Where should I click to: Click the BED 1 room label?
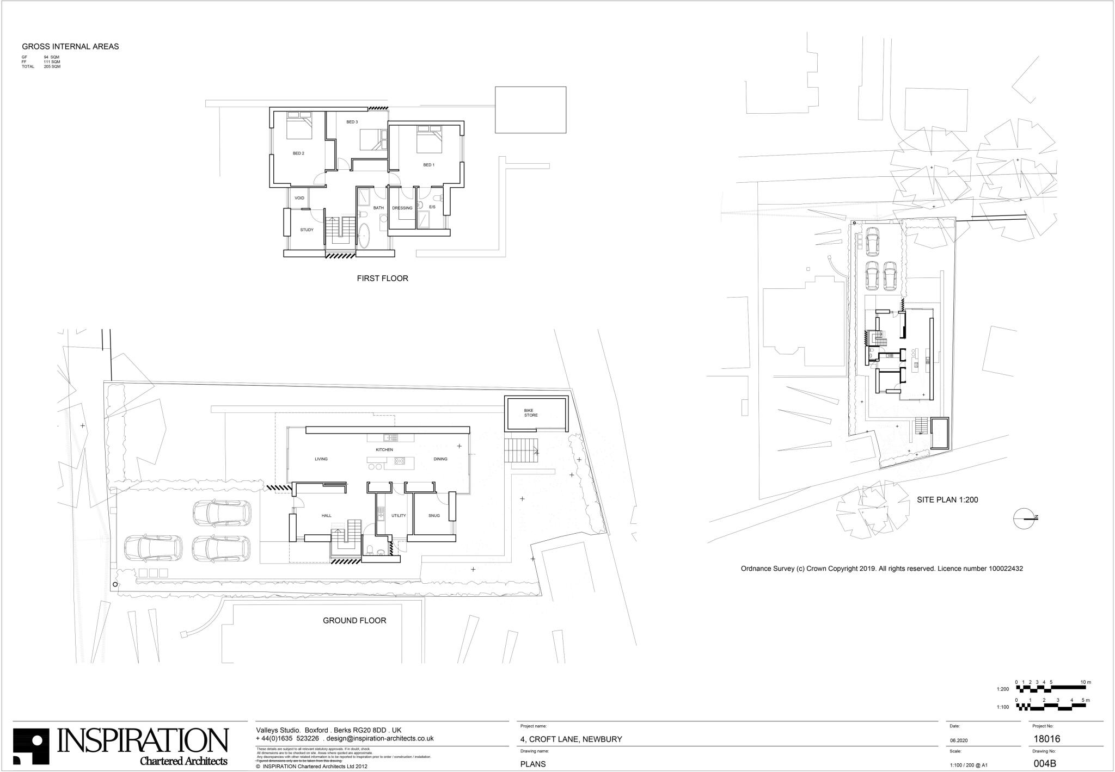pyautogui.click(x=429, y=165)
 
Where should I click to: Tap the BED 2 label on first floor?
pyautogui.click(x=298, y=153)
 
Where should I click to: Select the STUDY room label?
pyautogui.click(x=307, y=230)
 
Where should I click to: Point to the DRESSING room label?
pyautogui.click(x=402, y=208)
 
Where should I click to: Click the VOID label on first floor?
pyautogui.click(x=299, y=198)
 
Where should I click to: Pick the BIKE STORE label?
pyautogui.click(x=531, y=413)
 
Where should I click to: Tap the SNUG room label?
pyautogui.click(x=434, y=516)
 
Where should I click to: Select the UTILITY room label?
pyautogui.click(x=399, y=516)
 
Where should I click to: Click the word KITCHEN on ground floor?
pyautogui.click(x=384, y=450)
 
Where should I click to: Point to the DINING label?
pyautogui.click(x=440, y=459)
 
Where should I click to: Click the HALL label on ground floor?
pyautogui.click(x=326, y=516)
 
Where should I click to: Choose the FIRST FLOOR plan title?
pyautogui.click(x=382, y=279)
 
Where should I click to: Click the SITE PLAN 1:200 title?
pyautogui.click(x=947, y=499)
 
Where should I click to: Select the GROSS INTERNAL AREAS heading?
pyautogui.click(x=70, y=47)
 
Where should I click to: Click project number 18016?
pyautogui.click(x=1046, y=739)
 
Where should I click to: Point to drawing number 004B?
pyautogui.click(x=1045, y=763)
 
